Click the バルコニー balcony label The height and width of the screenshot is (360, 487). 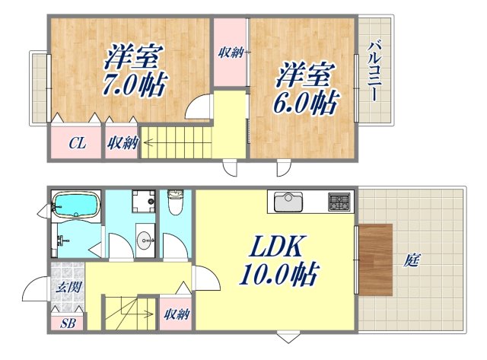374,73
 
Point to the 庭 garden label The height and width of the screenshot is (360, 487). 412,261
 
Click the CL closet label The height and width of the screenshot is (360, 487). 77,142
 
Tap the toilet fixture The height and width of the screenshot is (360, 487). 176,203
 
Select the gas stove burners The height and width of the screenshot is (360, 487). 339,202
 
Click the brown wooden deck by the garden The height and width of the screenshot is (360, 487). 375,260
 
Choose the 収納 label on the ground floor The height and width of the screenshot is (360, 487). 177,314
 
